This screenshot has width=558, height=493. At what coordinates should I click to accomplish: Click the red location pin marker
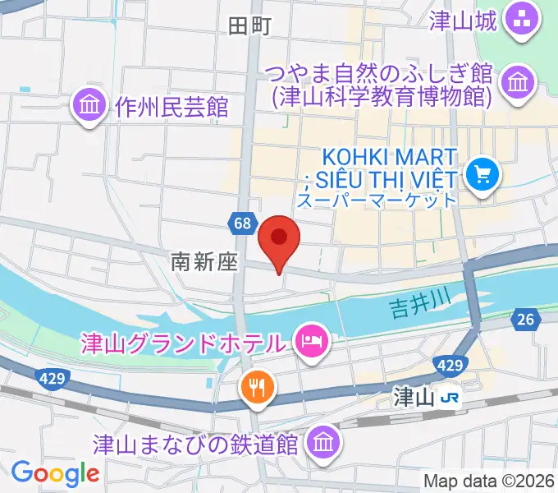coord(278,237)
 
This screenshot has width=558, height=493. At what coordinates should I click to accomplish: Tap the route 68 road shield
coord(241,223)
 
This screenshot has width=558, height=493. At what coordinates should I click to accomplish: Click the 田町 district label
coord(249,26)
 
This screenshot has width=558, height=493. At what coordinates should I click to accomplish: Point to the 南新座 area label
coord(204,262)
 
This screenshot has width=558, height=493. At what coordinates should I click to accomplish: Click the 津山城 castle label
coord(464,21)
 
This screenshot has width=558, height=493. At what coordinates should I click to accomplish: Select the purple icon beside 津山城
coord(519,20)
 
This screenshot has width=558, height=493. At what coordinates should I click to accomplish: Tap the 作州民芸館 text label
coord(171,107)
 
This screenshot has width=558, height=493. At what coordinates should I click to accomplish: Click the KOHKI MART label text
coord(381,156)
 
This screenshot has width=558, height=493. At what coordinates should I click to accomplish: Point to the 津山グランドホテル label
coord(182,340)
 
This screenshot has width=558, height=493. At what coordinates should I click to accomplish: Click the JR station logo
coord(448,399)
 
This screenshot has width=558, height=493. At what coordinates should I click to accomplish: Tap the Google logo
coord(55,472)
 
